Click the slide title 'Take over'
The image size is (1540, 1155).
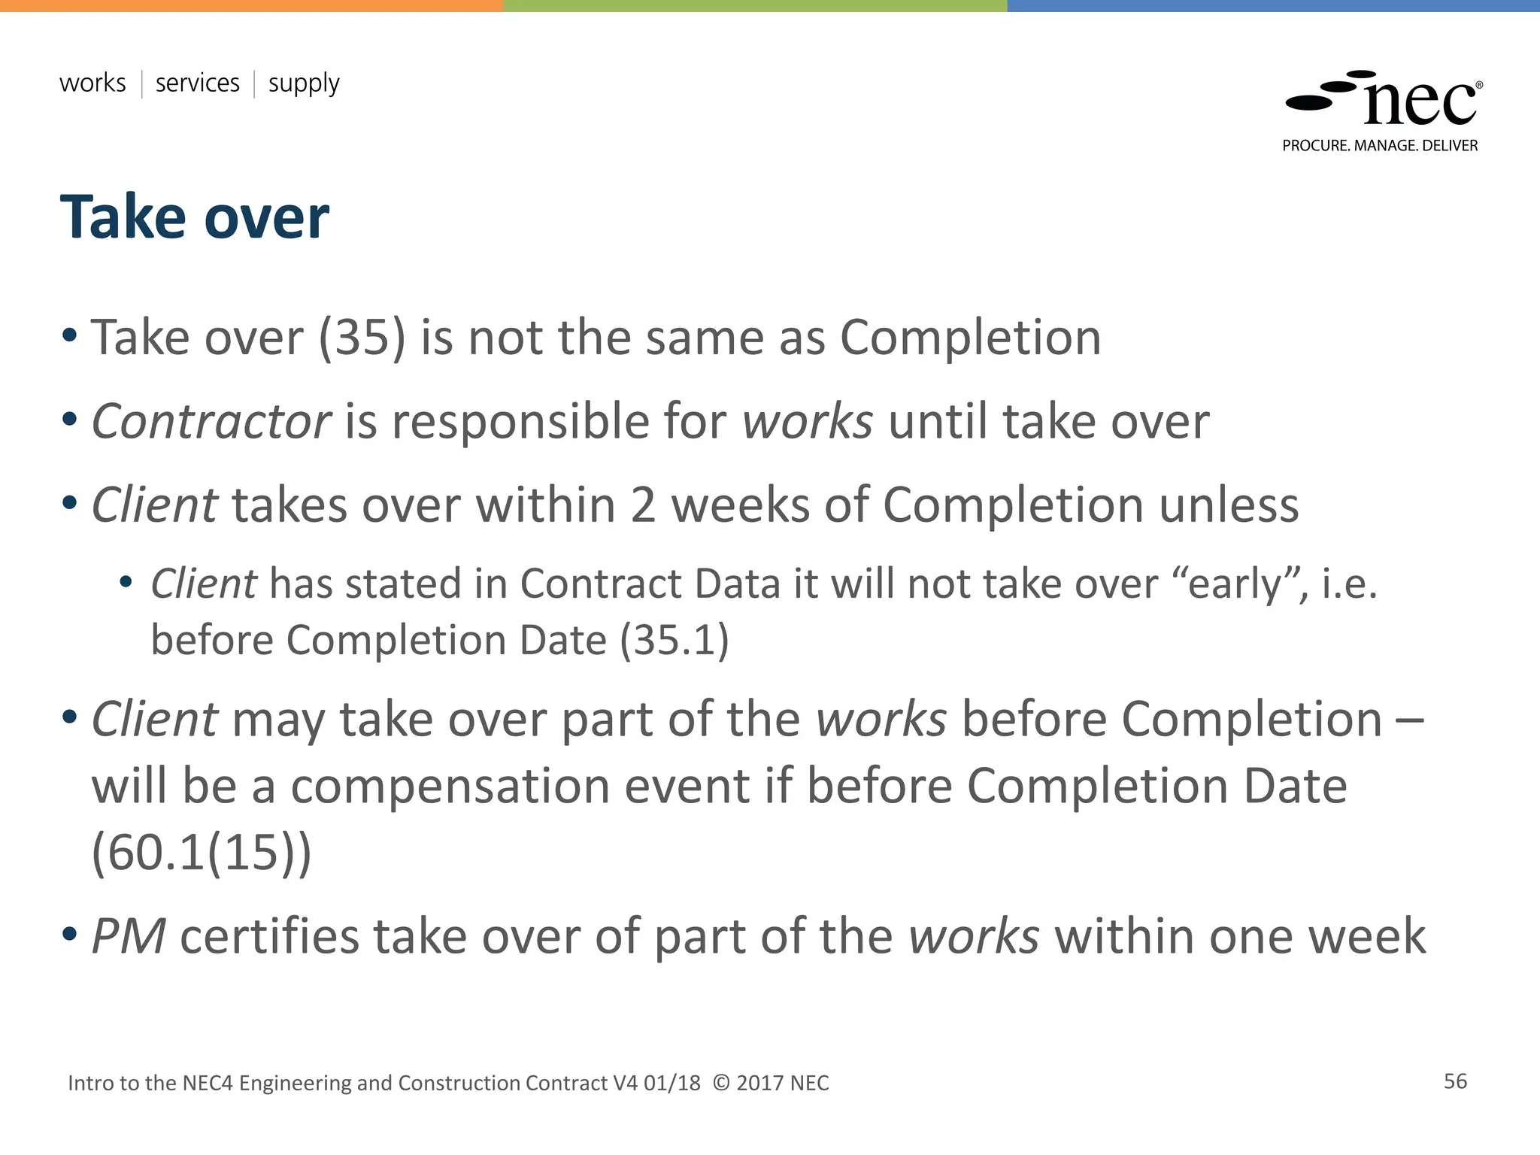[194, 218]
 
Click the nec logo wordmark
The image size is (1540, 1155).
[1419, 103]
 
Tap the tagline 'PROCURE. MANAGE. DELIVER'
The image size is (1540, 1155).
[1380, 146]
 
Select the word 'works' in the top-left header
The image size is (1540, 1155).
[92, 83]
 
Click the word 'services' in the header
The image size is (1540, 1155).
[197, 83]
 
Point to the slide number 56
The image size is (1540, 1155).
[1455, 1081]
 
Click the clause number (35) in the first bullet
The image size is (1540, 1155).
[362, 338]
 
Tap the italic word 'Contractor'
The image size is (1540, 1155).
[211, 421]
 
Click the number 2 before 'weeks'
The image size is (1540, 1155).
[643, 505]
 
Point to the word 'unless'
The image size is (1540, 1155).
[1228, 505]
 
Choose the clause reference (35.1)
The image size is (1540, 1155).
[675, 641]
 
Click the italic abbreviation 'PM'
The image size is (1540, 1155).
[128, 937]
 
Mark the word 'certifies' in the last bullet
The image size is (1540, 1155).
[269, 937]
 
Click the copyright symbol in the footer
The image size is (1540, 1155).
[720, 1083]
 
